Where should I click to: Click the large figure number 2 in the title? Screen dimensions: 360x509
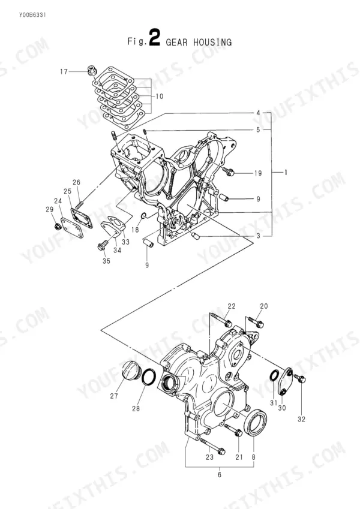click(x=154, y=38)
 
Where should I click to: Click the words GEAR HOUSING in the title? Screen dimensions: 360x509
click(x=199, y=42)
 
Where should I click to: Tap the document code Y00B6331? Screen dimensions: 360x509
click(x=32, y=15)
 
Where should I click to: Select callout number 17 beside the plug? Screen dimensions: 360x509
click(x=64, y=71)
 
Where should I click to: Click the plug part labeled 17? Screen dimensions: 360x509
click(x=91, y=70)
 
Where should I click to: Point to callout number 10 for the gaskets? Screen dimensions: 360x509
click(x=159, y=97)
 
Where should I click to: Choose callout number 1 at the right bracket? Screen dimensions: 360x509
click(x=286, y=173)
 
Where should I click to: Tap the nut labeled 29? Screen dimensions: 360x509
click(x=57, y=225)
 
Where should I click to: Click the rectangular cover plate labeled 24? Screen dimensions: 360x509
click(x=73, y=227)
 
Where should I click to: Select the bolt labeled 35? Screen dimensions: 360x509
click(x=101, y=245)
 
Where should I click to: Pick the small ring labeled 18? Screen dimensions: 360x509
click(x=144, y=216)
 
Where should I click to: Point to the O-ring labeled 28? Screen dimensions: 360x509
click(x=149, y=377)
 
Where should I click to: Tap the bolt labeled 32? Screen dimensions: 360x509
click(x=299, y=378)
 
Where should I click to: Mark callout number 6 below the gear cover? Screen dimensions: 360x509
click(x=220, y=475)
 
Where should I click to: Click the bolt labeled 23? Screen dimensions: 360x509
click(x=212, y=445)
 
